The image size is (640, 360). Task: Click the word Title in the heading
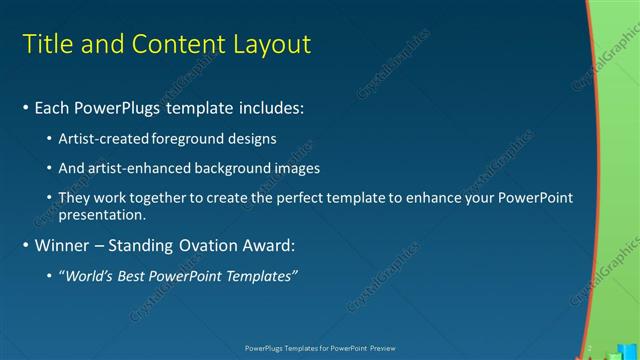[x=46, y=45]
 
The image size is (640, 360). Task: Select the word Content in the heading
[x=174, y=45]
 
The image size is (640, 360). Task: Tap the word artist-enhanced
[x=135, y=168]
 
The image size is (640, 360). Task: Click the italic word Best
[x=135, y=275]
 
